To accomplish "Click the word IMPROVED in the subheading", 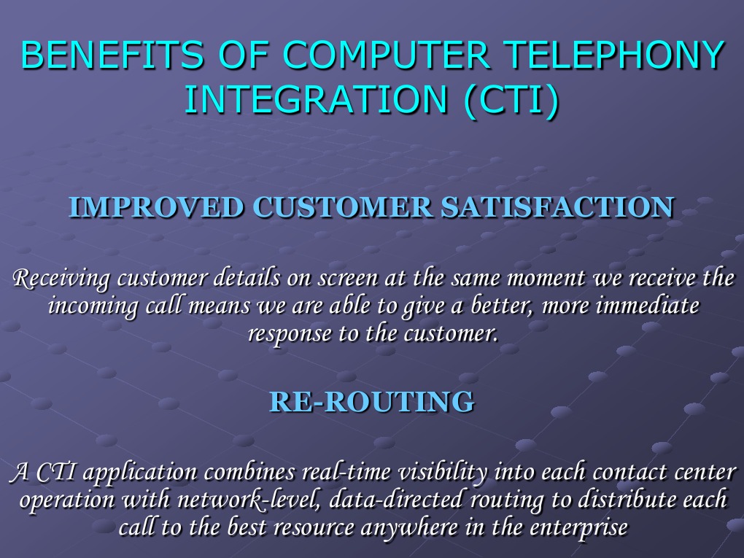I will point(156,208).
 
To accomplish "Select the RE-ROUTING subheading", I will point(372,402).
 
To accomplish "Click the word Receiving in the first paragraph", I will point(62,279).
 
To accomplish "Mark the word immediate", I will point(647,306).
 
